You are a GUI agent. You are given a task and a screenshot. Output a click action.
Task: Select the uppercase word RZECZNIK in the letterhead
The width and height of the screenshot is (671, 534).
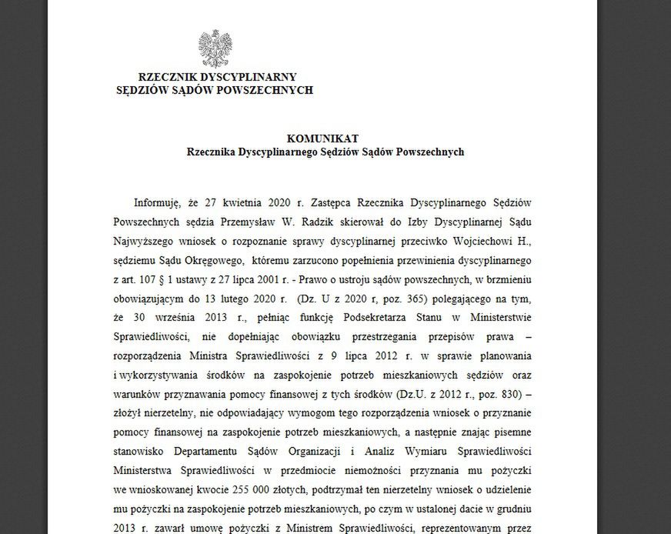click(171, 77)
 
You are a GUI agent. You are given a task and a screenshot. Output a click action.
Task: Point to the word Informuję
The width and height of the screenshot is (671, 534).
click(157, 204)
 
